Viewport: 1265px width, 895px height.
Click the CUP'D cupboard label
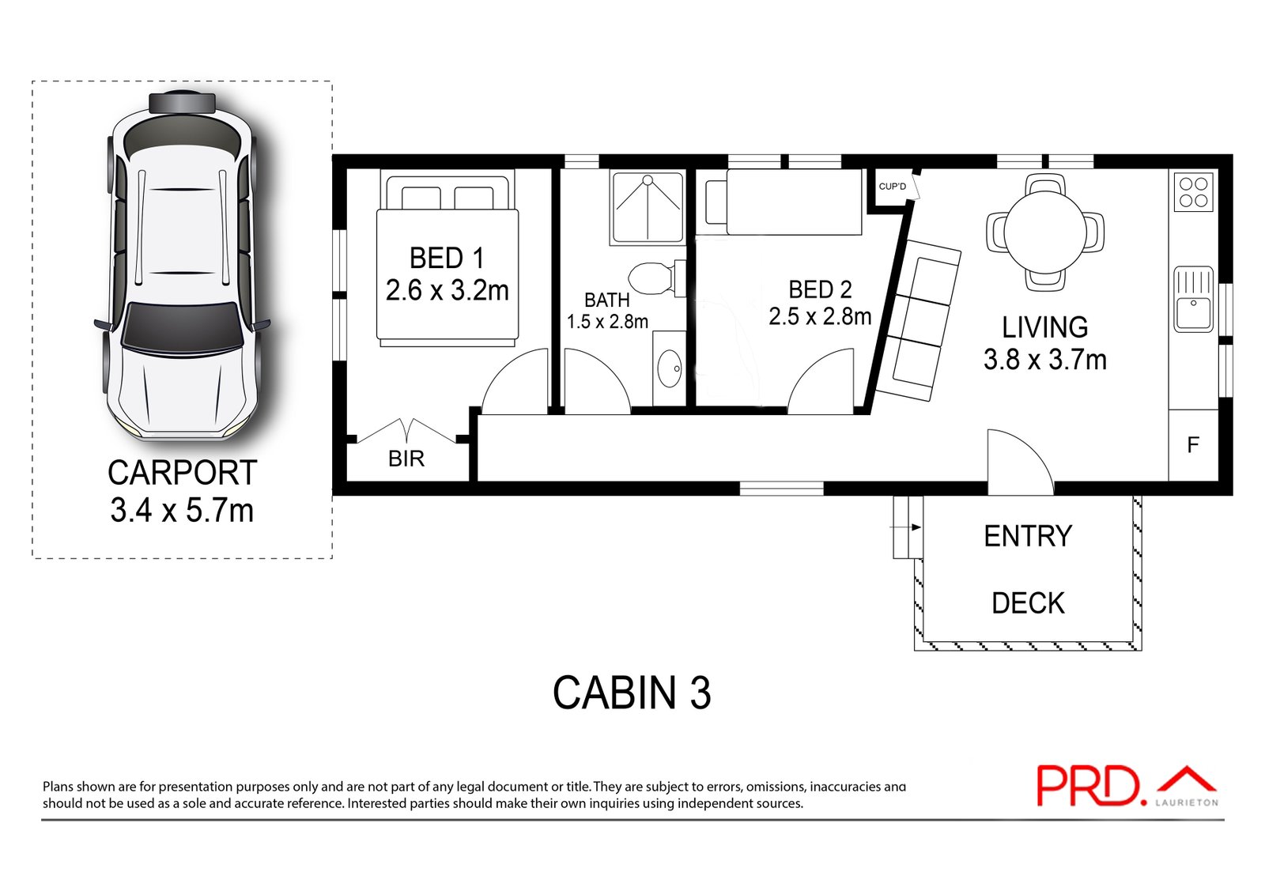(x=893, y=187)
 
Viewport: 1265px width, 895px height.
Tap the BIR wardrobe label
(x=406, y=459)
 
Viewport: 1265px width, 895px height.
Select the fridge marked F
(x=1193, y=446)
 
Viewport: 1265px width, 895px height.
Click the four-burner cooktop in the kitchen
(x=1193, y=192)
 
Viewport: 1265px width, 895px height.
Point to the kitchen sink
(x=1193, y=299)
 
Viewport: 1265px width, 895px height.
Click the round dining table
(x=1045, y=232)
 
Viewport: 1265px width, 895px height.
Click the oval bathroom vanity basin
(x=669, y=368)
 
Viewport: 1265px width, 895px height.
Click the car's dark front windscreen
(x=181, y=327)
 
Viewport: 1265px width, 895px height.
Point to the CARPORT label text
(x=182, y=473)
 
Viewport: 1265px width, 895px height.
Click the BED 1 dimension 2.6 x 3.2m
(x=447, y=291)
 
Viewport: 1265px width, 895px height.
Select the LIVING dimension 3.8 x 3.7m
(x=1044, y=360)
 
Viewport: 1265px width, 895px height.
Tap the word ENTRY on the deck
(x=1028, y=536)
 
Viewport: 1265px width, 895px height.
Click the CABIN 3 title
(x=632, y=693)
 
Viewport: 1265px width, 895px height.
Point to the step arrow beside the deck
(x=905, y=527)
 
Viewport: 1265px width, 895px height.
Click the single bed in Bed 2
(x=784, y=202)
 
